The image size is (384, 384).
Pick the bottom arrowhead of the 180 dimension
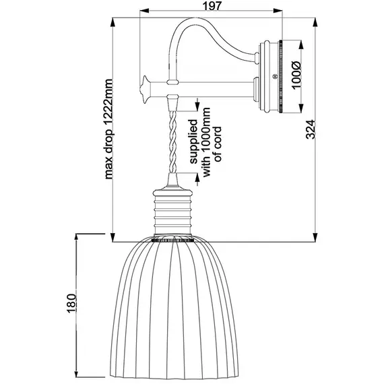[77, 378]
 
